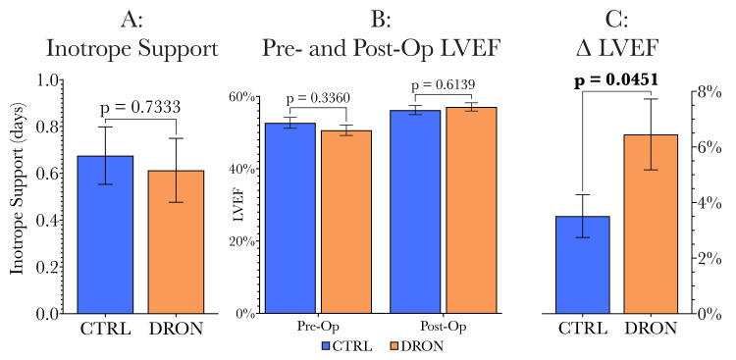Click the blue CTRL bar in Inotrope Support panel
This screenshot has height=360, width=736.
pyautogui.click(x=105, y=234)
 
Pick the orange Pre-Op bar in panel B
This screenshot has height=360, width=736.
pyautogui.click(x=346, y=222)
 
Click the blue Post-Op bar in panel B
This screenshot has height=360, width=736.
pyautogui.click(x=414, y=212)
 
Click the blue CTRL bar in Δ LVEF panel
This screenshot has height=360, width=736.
pyautogui.click(x=583, y=264)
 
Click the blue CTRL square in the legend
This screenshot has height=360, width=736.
pyautogui.click(x=327, y=345)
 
